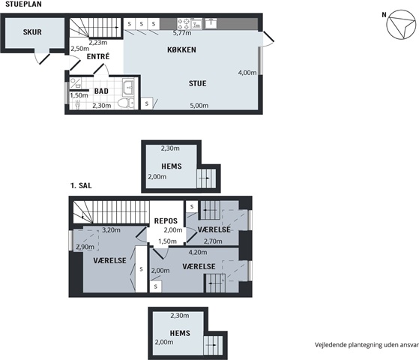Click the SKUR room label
32,32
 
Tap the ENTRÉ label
98,56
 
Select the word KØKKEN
181,49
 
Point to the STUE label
197,83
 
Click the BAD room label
101,91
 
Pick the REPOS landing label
166,221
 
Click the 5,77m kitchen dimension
182,33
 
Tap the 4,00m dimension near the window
247,73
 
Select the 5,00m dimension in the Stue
199,106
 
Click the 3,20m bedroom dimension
111,229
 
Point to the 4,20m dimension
198,252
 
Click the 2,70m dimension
213,241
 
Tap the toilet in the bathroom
126,103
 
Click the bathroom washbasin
128,87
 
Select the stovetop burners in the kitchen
184,24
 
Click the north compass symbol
401,25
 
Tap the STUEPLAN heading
23,4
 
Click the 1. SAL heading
81,185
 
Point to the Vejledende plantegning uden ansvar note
367,345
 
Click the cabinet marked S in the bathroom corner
147,103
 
